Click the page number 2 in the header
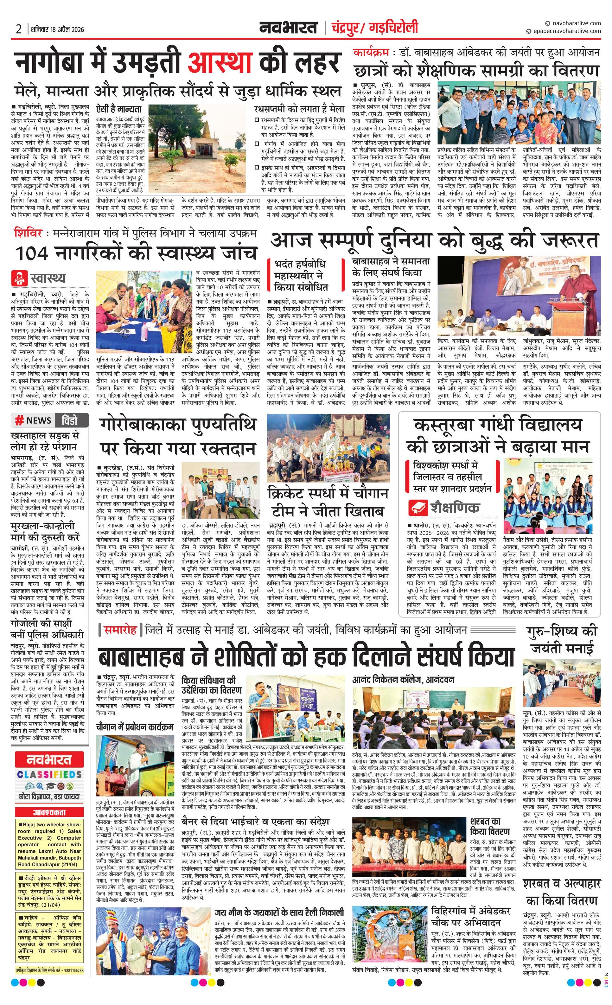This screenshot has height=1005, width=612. point(19,29)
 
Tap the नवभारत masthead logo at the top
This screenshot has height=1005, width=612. point(289,28)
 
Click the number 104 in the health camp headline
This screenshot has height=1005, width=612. point(31,253)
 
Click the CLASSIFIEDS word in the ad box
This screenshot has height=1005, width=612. point(50,774)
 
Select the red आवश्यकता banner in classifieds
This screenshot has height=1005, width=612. point(49,812)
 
